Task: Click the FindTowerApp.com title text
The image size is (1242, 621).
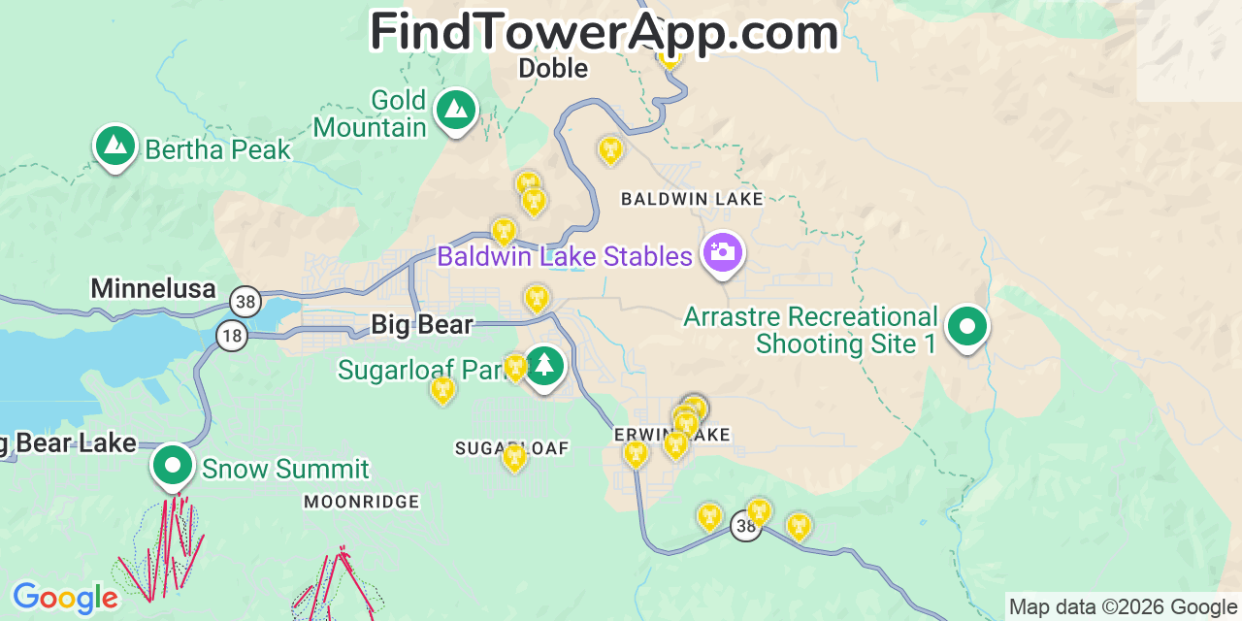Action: [x=604, y=32]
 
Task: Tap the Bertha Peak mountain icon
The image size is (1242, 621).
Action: [x=115, y=146]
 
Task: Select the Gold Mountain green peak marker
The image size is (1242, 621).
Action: [x=455, y=110]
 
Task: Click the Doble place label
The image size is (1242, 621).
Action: [x=553, y=68]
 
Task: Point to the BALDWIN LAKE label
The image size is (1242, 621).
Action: [x=692, y=199]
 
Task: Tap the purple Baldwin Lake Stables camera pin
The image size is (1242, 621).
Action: [x=722, y=253]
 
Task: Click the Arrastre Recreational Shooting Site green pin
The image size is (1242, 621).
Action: [x=966, y=327]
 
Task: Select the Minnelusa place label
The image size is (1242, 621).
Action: [x=153, y=288]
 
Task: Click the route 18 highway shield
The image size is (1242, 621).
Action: [x=232, y=336]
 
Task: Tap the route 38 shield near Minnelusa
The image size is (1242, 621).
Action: [x=245, y=302]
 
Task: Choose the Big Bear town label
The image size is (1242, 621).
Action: [x=422, y=324]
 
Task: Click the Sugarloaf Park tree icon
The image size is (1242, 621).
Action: [x=544, y=366]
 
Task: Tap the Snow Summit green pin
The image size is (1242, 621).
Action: [x=173, y=466]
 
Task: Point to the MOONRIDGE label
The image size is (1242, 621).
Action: [x=361, y=502]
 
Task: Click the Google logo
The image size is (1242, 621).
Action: [x=65, y=598]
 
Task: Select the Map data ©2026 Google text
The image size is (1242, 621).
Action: [x=1124, y=607]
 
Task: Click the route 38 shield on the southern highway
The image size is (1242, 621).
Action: [x=745, y=526]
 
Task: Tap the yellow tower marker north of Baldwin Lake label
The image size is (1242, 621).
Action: [x=609, y=150]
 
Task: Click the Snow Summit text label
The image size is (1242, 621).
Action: [x=285, y=470]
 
